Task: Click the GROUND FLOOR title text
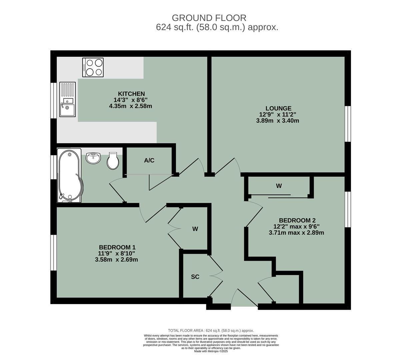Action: [209, 18]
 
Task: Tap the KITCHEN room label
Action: [131, 94]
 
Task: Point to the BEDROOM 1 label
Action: [117, 247]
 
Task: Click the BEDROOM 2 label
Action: [297, 220]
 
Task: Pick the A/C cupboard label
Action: [149, 161]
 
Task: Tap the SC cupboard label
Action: [195, 277]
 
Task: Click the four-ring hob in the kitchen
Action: [93, 67]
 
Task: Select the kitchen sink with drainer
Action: [68, 99]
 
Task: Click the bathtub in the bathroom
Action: [69, 176]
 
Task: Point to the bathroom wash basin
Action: [94, 158]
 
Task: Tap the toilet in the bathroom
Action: [113, 161]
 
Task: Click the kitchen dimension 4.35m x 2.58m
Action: [130, 106]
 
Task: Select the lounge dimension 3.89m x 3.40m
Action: [277, 121]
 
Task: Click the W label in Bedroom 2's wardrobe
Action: [279, 186]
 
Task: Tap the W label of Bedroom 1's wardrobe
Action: [195, 229]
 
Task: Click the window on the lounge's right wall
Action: [348, 124]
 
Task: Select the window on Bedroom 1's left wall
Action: [53, 252]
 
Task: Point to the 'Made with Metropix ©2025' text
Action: [211, 351]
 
